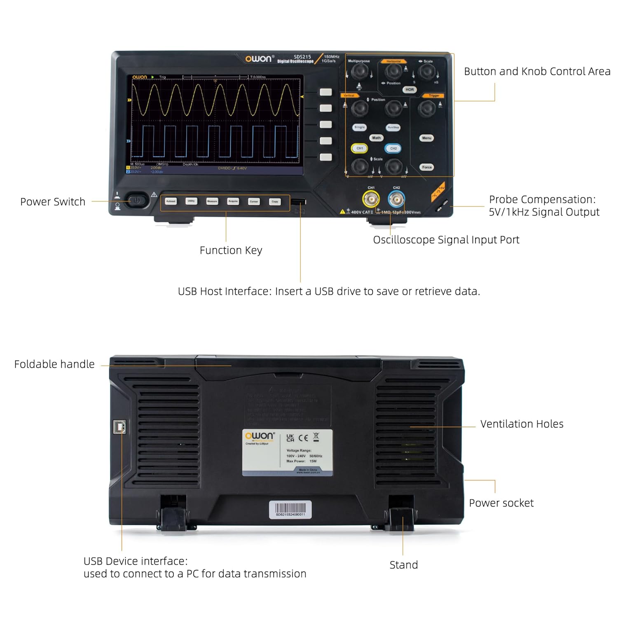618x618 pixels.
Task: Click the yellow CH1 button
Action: pyautogui.click(x=360, y=148)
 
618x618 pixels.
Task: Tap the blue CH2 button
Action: pyautogui.click(x=393, y=148)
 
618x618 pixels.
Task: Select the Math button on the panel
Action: pyautogui.click(x=376, y=138)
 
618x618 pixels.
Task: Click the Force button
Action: pyautogui.click(x=427, y=167)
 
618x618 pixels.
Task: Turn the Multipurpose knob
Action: pyautogui.click(x=359, y=72)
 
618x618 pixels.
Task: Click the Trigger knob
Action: pyautogui.click(x=426, y=108)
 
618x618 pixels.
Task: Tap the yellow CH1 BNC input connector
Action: pyautogui.click(x=371, y=200)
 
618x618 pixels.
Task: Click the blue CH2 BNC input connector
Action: pyautogui.click(x=396, y=200)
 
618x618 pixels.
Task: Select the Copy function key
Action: pyautogui.click(x=275, y=201)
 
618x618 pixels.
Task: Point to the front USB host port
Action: pyautogui.click(x=299, y=201)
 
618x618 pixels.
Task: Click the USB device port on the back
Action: pyautogui.click(x=119, y=427)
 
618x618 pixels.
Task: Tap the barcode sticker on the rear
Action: pyautogui.click(x=290, y=510)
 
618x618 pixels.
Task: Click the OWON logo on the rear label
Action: pyautogui.click(x=259, y=436)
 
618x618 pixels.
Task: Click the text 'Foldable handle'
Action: pyautogui.click(x=54, y=364)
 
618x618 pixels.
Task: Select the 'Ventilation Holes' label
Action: pyautogui.click(x=522, y=424)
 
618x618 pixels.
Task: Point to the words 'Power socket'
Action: pyautogui.click(x=501, y=503)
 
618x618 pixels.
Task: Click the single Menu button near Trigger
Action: pyautogui.click(x=426, y=138)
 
